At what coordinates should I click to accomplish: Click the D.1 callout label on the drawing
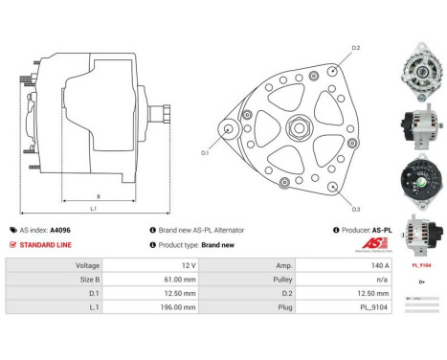[x=205, y=151]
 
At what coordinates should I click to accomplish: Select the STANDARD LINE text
[x=45, y=245]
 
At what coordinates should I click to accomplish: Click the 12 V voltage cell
[x=188, y=264]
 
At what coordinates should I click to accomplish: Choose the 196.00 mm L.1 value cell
[x=178, y=308]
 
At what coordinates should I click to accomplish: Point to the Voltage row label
[x=89, y=264]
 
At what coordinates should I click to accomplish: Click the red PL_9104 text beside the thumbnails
[x=421, y=265]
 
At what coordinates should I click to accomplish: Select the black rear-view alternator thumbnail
[x=420, y=179]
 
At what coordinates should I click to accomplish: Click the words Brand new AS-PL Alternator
[x=201, y=231]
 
